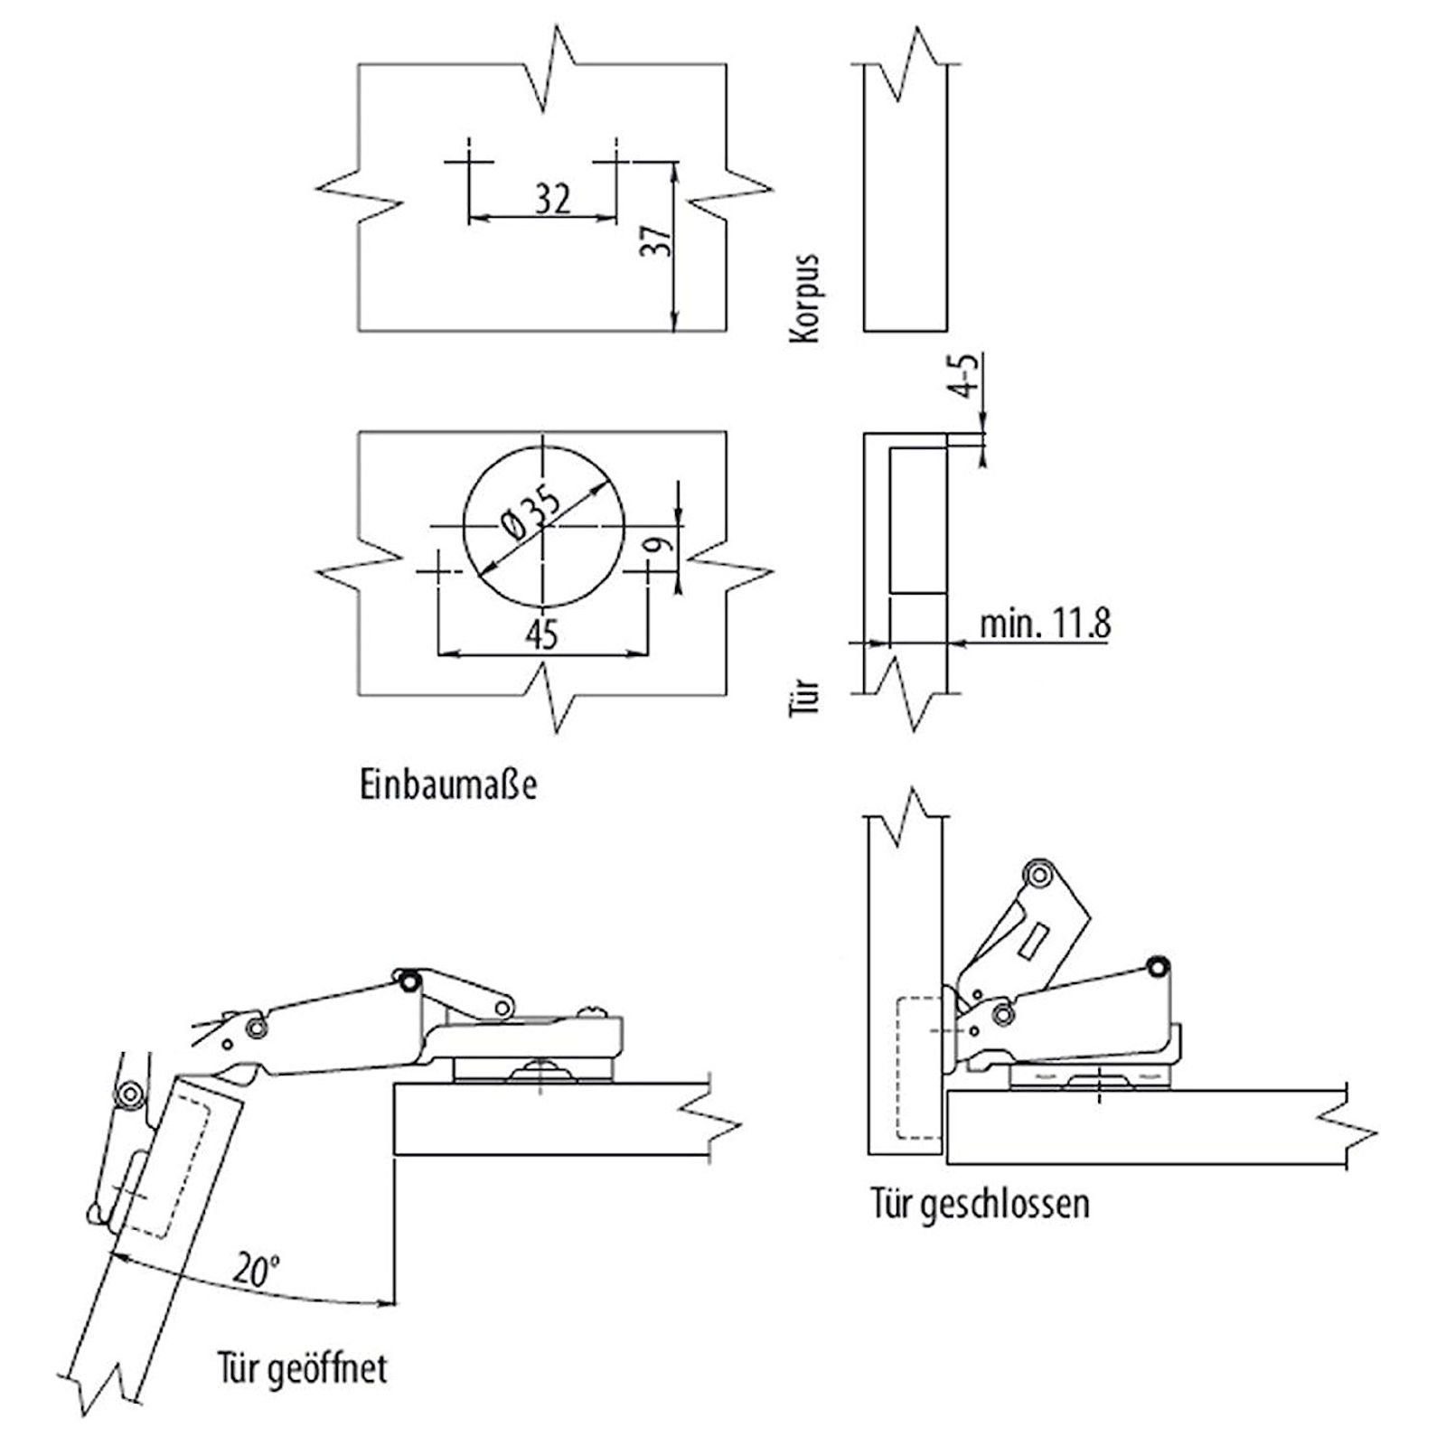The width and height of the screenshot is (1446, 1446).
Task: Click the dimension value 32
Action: click(553, 198)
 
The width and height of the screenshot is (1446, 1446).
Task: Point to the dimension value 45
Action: click(541, 635)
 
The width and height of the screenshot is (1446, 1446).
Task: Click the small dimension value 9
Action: click(662, 544)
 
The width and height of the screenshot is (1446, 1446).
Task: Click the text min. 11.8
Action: click(1045, 624)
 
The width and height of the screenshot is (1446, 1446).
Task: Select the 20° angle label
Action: click(254, 1270)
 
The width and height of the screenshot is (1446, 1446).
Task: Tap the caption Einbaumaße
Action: click(448, 784)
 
